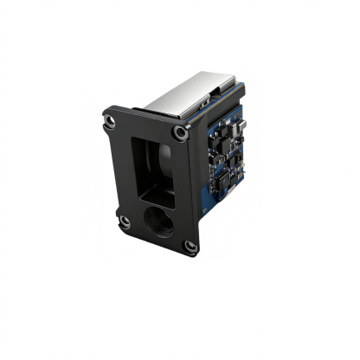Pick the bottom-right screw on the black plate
tap(190, 247)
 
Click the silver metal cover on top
tap(186, 100)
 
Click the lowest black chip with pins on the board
tap(222, 183)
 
